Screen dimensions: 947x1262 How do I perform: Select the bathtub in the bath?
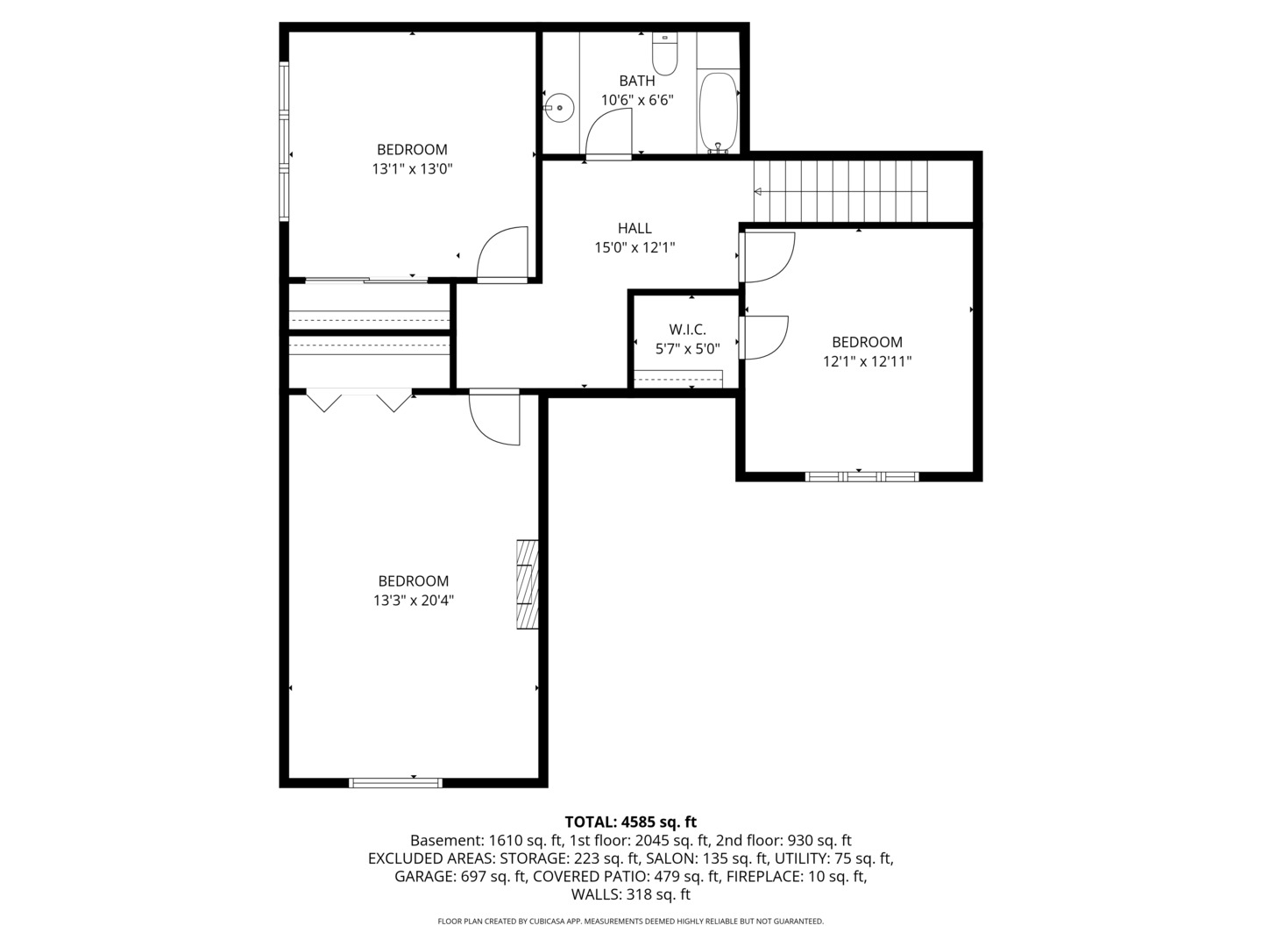pyautogui.click(x=718, y=112)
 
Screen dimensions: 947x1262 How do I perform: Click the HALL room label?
pyautogui.click(x=635, y=229)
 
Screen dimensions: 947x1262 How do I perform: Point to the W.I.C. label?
pyautogui.click(x=687, y=330)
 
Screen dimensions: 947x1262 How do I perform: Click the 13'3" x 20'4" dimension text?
pyautogui.click(x=413, y=601)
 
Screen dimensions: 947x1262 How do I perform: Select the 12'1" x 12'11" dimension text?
pyautogui.click(x=867, y=361)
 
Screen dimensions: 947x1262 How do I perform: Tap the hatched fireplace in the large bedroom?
pyautogui.click(x=526, y=584)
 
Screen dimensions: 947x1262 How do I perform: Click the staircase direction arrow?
pyautogui.click(x=759, y=192)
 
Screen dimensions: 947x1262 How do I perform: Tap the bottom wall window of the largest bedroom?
pyautogui.click(x=395, y=783)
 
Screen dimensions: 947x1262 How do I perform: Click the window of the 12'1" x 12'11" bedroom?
pyautogui.click(x=861, y=476)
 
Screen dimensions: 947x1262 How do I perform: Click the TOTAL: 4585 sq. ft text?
pyautogui.click(x=630, y=822)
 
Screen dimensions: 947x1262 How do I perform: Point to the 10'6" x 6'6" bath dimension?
pyautogui.click(x=636, y=100)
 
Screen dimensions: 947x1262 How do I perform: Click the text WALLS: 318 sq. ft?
pyautogui.click(x=630, y=894)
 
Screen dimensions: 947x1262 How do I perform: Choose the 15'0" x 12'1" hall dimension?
pyautogui.click(x=635, y=248)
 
